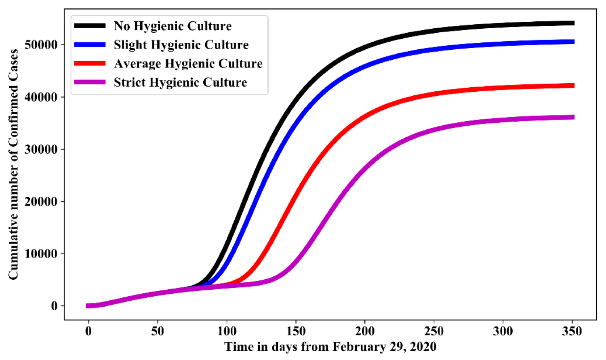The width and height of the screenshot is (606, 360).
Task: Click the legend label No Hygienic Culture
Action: pyautogui.click(x=173, y=26)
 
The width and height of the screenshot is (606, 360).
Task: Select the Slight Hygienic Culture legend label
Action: pyautogui.click(x=181, y=45)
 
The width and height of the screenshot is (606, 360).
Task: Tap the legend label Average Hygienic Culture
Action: pyautogui.click(x=188, y=63)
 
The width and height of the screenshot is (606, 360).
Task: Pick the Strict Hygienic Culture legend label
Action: pyautogui.click(x=180, y=82)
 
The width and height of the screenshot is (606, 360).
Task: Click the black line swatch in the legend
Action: pyautogui.click(x=90, y=26)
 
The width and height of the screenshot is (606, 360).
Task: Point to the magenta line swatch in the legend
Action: pyautogui.click(x=90, y=82)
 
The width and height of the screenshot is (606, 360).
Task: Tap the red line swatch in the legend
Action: pyautogui.click(x=90, y=63)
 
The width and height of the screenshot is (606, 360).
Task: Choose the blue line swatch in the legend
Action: pyautogui.click(x=90, y=45)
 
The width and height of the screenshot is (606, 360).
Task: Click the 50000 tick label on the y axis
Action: pyautogui.click(x=41, y=45)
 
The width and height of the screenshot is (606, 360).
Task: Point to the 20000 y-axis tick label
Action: pyautogui.click(x=41, y=202)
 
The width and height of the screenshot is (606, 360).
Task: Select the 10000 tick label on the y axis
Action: pyautogui.click(x=41, y=254)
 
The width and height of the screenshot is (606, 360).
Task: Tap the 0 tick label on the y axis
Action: pyautogui.click(x=55, y=306)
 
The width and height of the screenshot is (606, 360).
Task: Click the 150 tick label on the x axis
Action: pyautogui.click(x=296, y=332)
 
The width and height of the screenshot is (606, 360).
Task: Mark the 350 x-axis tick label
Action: pyautogui.click(x=572, y=332)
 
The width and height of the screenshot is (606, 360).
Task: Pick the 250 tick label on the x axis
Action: pyautogui.click(x=434, y=332)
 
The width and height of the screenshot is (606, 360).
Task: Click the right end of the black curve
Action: pyautogui.click(x=573, y=23)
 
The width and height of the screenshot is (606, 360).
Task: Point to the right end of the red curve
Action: pyautogui.click(x=573, y=85)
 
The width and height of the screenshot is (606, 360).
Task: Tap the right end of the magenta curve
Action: pyautogui.click(x=573, y=117)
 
